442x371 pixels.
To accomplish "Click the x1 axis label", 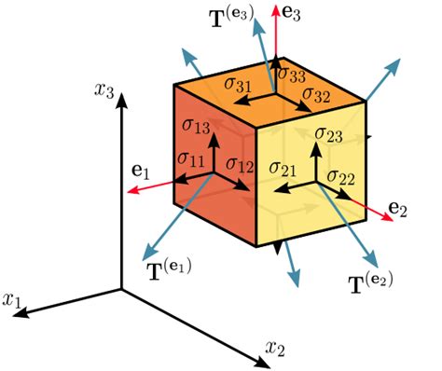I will click(14, 299).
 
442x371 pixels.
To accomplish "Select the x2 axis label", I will click(274, 347).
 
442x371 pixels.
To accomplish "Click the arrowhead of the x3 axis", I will click(120, 101).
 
